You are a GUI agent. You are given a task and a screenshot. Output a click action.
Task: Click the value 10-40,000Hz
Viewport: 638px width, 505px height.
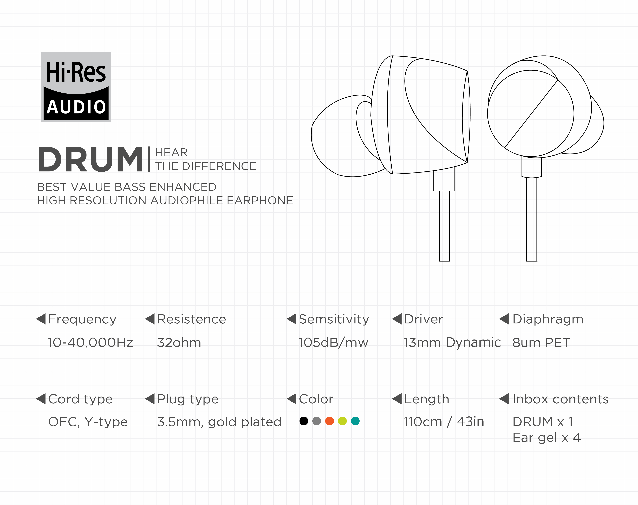point(90,342)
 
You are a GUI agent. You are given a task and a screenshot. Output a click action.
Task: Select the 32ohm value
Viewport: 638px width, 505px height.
point(179,342)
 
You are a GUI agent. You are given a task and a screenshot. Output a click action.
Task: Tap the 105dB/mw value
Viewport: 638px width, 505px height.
point(333,342)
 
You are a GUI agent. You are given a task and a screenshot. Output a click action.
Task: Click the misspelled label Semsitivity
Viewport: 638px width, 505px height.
point(334,319)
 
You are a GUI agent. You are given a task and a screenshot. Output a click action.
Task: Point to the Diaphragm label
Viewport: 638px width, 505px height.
point(548,319)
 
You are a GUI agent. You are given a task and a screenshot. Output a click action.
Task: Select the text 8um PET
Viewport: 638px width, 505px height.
point(541,342)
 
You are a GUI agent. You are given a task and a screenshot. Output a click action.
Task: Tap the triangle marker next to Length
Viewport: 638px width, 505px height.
point(397,399)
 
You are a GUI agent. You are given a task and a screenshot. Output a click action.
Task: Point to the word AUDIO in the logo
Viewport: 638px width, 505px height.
point(76,107)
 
